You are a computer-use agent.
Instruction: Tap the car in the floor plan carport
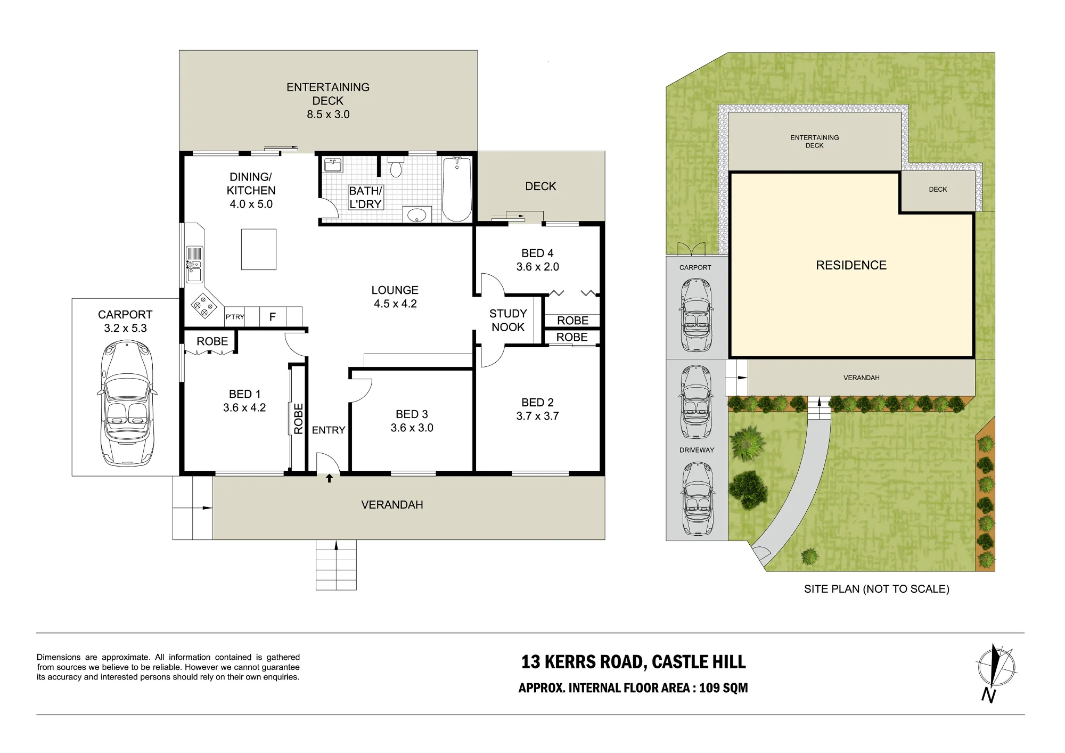pyautogui.click(x=127, y=404)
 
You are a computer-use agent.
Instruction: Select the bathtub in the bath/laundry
pyautogui.click(x=457, y=189)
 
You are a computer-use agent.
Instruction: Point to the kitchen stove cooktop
pyautogui.click(x=204, y=306)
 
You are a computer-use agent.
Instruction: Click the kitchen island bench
pyautogui.click(x=259, y=249)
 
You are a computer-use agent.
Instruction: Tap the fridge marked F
pyautogui.click(x=273, y=317)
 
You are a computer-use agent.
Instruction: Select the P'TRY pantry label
pyautogui.click(x=235, y=317)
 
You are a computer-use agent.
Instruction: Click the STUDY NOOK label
pyautogui.click(x=508, y=320)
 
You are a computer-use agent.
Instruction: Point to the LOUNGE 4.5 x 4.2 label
pyautogui.click(x=395, y=297)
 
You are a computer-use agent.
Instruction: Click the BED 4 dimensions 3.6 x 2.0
pyautogui.click(x=538, y=267)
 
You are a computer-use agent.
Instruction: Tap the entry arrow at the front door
pyautogui.click(x=330, y=478)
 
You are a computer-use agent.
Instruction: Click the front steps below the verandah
pyautogui.click(x=336, y=564)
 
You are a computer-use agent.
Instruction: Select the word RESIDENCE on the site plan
pyautogui.click(x=851, y=265)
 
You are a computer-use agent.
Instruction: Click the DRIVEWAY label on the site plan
pyautogui.click(x=697, y=450)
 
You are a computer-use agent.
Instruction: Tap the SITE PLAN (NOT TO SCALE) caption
pyautogui.click(x=877, y=589)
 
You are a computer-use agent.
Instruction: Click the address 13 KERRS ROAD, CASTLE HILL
pyautogui.click(x=634, y=662)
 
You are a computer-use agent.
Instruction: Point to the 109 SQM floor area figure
pyautogui.click(x=724, y=688)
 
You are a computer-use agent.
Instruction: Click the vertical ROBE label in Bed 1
pyautogui.click(x=299, y=419)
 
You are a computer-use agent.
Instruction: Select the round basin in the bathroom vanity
pyautogui.click(x=416, y=215)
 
